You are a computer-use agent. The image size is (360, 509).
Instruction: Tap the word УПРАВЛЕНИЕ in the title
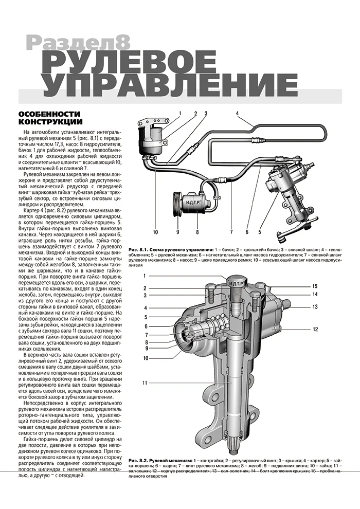[x=170, y=88]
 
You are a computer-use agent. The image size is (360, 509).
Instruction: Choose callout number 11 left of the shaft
[x=146, y=383]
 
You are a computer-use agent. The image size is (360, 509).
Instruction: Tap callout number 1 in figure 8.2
[x=146, y=276]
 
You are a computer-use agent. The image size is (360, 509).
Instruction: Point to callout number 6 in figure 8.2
[x=146, y=326]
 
